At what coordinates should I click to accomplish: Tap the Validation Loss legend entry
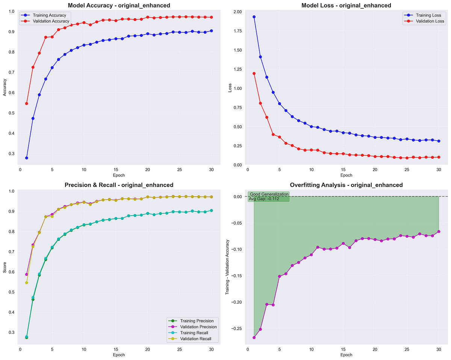pos(428,21)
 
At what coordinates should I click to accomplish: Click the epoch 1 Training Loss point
pos(254,17)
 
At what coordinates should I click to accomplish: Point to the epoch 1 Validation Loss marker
pos(254,73)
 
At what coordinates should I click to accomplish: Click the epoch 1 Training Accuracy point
pos(27,158)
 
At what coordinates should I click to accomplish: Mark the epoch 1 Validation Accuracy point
pos(27,103)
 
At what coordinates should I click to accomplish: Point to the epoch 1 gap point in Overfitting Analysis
pos(254,337)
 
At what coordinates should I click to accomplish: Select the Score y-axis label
pos(5,267)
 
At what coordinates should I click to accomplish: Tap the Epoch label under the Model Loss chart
pos(346,175)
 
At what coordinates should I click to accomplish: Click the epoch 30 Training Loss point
pos(439,141)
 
